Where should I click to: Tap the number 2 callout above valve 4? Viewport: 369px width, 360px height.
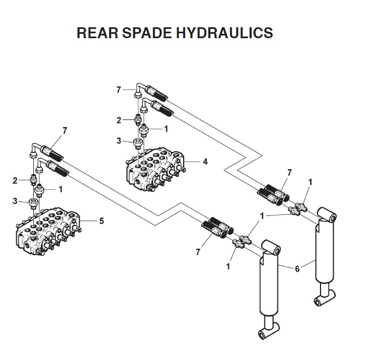click(118, 119)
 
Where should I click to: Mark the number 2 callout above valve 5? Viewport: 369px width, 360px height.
click(15, 179)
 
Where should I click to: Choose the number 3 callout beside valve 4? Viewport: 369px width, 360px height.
click(118, 141)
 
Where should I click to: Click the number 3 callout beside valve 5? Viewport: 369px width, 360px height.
click(15, 201)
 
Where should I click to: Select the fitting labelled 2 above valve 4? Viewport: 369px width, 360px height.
click(138, 118)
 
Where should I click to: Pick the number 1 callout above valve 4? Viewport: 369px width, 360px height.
click(166, 129)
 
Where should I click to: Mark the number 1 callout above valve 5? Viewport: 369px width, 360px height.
click(61, 189)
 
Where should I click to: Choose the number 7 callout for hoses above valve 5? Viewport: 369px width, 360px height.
click(65, 130)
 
